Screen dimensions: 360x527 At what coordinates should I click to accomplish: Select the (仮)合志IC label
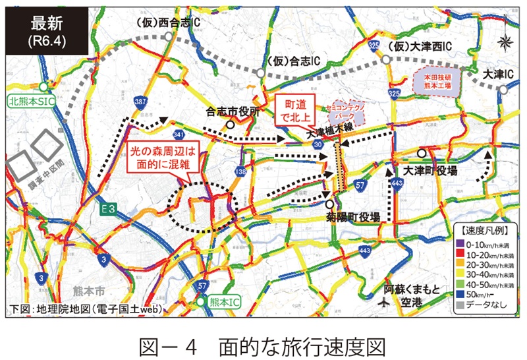point(294,61)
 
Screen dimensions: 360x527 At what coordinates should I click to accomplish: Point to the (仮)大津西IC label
point(419,47)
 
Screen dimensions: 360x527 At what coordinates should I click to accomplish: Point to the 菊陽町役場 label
point(352,217)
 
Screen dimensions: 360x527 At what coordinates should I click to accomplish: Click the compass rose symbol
point(505,44)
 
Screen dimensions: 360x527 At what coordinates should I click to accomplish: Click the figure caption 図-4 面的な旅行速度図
point(263,344)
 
